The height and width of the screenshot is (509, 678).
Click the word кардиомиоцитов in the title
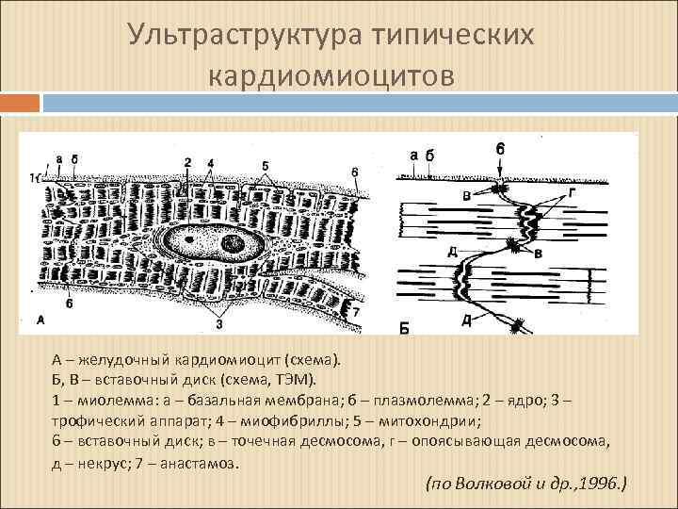[x=338, y=74]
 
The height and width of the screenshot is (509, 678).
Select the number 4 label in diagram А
[x=211, y=163]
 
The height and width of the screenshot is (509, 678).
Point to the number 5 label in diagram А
[x=266, y=166]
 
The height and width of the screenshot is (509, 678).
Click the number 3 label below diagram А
[x=219, y=324]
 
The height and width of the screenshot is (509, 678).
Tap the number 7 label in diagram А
[x=355, y=310]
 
